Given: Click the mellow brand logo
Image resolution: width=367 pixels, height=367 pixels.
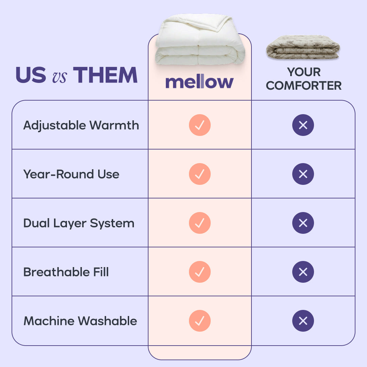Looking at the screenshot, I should (x=199, y=82).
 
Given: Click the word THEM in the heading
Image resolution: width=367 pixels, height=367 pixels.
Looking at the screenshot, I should (x=105, y=75).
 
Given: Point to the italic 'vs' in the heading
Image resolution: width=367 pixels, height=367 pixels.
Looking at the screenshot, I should (x=59, y=76).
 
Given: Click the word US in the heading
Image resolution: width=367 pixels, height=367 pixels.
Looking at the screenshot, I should (x=31, y=75).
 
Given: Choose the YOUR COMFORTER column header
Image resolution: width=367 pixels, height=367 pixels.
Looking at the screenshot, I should (x=303, y=79).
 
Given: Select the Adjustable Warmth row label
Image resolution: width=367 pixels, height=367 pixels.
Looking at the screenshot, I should (x=81, y=125).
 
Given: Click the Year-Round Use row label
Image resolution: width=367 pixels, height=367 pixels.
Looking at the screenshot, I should (x=71, y=174).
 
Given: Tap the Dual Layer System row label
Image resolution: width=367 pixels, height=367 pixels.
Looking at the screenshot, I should (x=79, y=223).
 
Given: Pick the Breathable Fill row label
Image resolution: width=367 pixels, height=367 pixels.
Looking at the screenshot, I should (x=66, y=272).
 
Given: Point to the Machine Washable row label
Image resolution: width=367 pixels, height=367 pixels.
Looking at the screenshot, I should (x=80, y=321).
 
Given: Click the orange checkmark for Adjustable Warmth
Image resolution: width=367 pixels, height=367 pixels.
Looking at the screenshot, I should (x=200, y=125).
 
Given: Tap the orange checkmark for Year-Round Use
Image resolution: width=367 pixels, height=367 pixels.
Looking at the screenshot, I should (x=200, y=174).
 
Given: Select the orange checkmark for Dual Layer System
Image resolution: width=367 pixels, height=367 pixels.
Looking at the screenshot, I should (x=200, y=223).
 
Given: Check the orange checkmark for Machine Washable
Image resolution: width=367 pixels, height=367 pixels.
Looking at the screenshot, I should (x=200, y=321).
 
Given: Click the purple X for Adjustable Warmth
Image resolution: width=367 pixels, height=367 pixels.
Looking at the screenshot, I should (x=303, y=125).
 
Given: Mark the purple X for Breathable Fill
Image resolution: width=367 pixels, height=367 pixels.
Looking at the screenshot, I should (x=303, y=272).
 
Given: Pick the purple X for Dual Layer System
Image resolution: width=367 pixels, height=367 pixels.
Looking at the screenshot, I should (x=303, y=223).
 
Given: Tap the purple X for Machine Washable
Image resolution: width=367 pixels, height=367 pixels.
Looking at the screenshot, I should (x=303, y=321).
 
